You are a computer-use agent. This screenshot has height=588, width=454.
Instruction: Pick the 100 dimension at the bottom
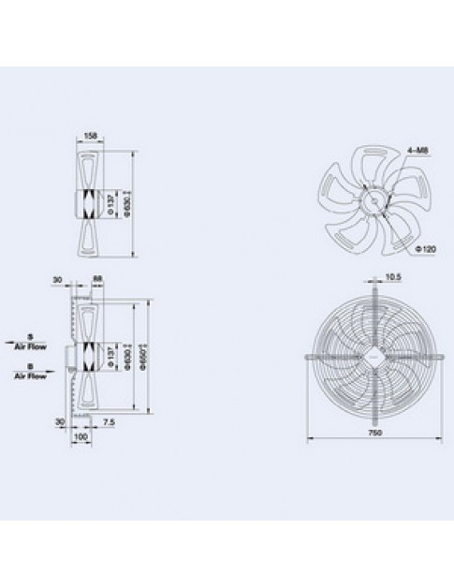(81, 435)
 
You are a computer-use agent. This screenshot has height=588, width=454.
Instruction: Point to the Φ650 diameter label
(148, 356)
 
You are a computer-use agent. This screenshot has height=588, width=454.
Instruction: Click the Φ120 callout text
(426, 249)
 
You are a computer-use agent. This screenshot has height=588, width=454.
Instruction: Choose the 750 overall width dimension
(373, 434)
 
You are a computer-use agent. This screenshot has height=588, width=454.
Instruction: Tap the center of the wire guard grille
(373, 356)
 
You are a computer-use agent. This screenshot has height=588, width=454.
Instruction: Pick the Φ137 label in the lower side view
(113, 357)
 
